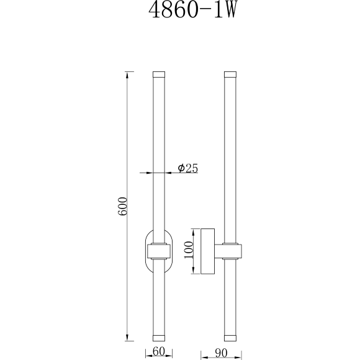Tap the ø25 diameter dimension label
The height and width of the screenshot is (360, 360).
pyautogui.click(x=187, y=169)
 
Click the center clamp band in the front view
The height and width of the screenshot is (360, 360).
pyautogui.click(x=160, y=251)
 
